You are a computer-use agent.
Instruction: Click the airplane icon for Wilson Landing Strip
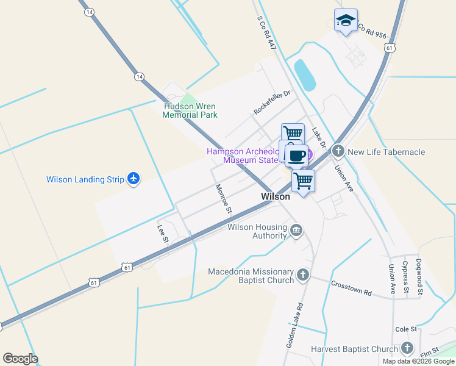134,179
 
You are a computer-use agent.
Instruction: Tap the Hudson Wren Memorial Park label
190,110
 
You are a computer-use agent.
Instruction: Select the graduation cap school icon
346,20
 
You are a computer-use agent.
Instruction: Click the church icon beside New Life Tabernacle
338,151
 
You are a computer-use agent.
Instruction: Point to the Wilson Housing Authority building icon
297,230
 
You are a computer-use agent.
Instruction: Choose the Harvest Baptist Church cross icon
407,349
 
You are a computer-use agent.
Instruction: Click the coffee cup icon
296,156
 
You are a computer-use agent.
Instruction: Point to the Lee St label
162,235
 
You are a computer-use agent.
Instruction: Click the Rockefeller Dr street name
273,102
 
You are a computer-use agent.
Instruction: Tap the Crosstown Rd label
351,288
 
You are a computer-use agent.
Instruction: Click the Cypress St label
405,278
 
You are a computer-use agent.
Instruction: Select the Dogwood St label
420,278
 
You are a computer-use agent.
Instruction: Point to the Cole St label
405,329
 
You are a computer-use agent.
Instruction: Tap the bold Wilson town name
275,197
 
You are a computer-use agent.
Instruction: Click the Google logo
20,359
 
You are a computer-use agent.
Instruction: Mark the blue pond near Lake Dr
305,75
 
